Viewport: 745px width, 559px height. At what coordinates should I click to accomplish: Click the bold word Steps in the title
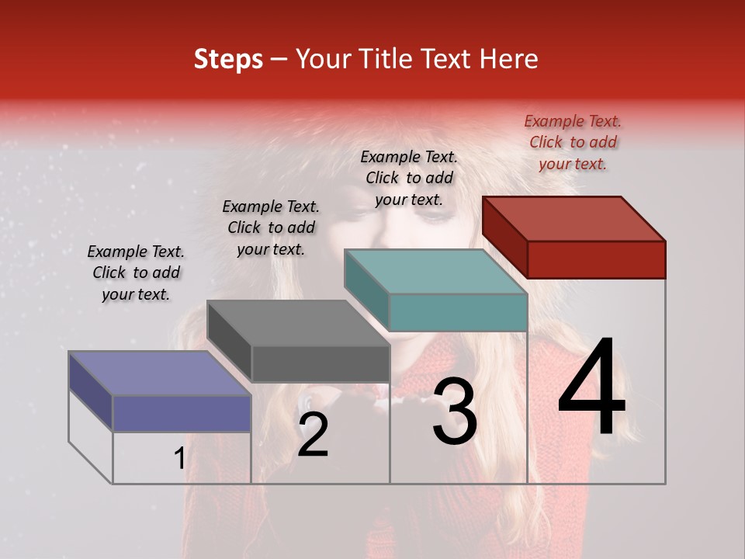click(x=228, y=59)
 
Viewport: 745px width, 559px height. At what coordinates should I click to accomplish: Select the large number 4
click(x=591, y=388)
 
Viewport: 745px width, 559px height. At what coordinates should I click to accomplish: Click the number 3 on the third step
click(x=455, y=412)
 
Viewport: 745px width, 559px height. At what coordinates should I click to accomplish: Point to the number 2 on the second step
click(x=313, y=436)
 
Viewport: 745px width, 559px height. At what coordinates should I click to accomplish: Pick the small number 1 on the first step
click(x=179, y=459)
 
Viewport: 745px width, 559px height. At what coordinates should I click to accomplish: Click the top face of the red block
click(x=574, y=218)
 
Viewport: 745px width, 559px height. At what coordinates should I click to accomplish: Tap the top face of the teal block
click(x=435, y=272)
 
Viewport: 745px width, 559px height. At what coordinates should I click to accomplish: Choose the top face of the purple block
click(x=160, y=373)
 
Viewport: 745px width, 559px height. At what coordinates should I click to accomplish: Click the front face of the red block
click(x=596, y=259)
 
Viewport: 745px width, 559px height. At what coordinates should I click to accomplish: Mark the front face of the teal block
click(x=458, y=312)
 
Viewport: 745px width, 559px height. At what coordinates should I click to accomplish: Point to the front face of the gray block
click(x=320, y=363)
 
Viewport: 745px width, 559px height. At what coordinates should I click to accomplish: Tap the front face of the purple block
click(x=182, y=413)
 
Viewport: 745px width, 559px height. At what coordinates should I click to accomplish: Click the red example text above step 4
click(x=573, y=142)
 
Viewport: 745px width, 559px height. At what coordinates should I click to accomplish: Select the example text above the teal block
click(x=409, y=178)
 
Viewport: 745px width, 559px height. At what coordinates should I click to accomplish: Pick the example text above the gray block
click(x=271, y=227)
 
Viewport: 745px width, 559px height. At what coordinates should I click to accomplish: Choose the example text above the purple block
click(x=136, y=273)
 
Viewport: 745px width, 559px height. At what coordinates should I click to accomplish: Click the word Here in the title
click(x=509, y=59)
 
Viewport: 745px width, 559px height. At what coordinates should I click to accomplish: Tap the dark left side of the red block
click(x=504, y=237)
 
